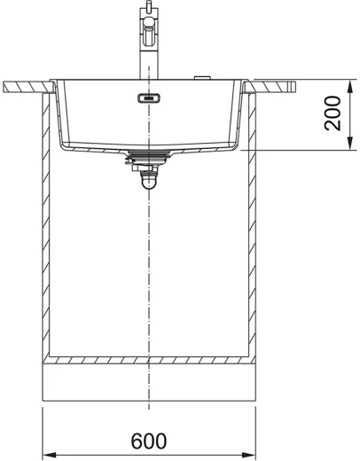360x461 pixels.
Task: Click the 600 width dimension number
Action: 149,441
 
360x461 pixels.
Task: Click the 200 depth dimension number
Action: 333,113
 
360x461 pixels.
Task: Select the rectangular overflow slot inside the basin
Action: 149,98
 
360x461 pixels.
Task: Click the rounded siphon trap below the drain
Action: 149,180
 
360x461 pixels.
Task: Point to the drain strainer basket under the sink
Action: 149,157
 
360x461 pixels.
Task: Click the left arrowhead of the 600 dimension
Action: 50,455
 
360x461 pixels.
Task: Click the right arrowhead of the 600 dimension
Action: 248,455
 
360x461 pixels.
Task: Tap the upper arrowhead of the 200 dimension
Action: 350,87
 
